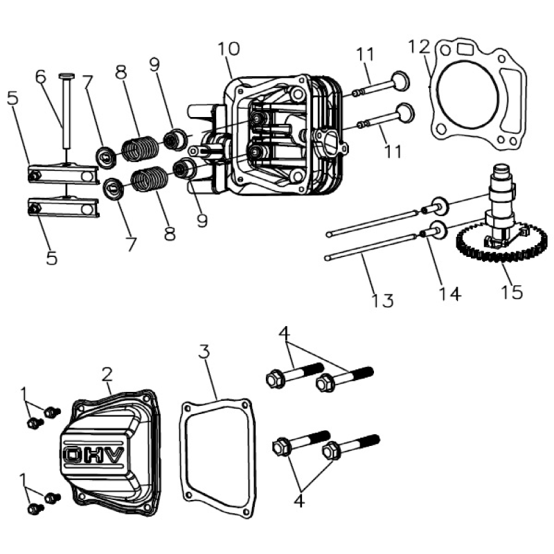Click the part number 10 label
(x=229, y=48)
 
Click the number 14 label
(x=449, y=294)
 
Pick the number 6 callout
(x=41, y=77)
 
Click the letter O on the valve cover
(x=73, y=455)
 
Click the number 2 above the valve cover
(x=107, y=374)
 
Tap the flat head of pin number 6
(x=66, y=75)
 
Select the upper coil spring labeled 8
(x=141, y=148)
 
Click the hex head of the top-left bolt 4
(x=273, y=379)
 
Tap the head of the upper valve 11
(x=400, y=81)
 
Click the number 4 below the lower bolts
(x=299, y=500)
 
